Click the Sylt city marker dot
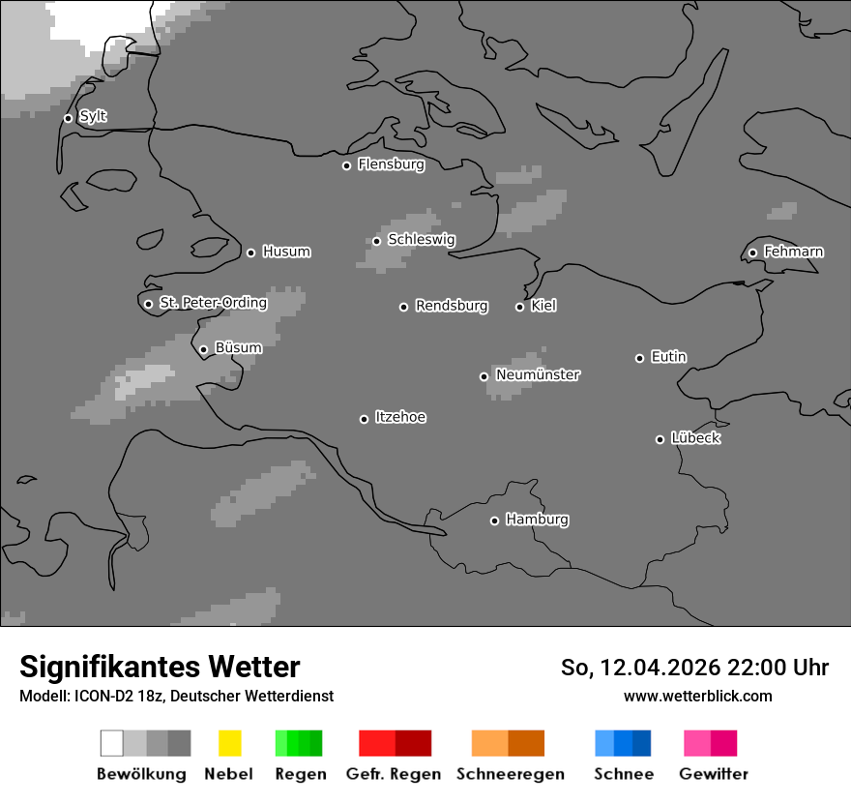(68, 118)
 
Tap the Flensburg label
(391, 164)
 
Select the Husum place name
(286, 252)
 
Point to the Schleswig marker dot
(376, 241)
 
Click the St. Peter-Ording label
(213, 303)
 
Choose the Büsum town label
(238, 348)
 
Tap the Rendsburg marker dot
(403, 307)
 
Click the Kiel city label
(543, 306)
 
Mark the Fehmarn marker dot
(752, 253)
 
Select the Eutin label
(668, 357)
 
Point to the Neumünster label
(538, 374)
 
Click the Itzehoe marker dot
(364, 419)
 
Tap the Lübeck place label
(695, 438)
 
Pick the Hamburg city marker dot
(494, 520)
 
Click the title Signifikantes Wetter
(160, 667)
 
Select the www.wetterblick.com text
(697, 696)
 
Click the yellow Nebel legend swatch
(229, 743)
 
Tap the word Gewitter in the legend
(714, 774)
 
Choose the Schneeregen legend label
(511, 774)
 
